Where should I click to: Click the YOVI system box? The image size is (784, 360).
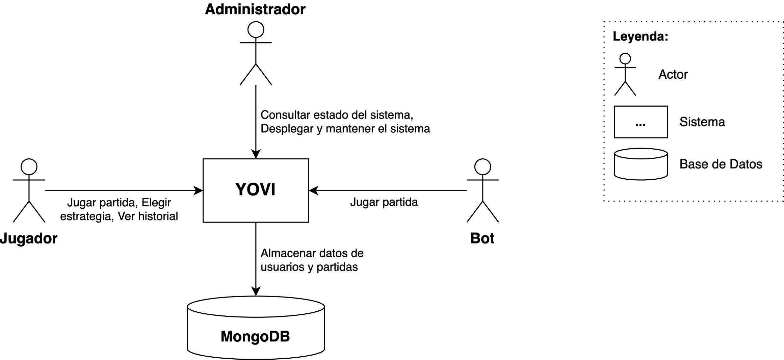click(x=256, y=190)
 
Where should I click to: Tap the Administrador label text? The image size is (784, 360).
click(x=255, y=9)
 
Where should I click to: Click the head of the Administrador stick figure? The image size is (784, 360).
click(x=256, y=30)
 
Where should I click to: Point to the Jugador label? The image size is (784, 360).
click(x=29, y=238)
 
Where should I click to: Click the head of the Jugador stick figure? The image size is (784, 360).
click(x=29, y=167)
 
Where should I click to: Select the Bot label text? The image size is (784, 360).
click(x=482, y=238)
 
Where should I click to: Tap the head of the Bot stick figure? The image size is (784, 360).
click(x=482, y=167)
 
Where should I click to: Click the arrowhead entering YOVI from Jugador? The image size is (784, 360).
click(x=199, y=190)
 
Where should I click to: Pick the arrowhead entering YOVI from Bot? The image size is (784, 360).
click(x=313, y=190)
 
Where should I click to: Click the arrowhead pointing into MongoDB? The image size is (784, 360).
click(x=256, y=292)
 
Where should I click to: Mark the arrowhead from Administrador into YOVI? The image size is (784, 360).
click(x=256, y=154)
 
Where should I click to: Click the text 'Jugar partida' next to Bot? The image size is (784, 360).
click(x=384, y=202)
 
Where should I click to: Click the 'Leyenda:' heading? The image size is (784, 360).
click(x=640, y=36)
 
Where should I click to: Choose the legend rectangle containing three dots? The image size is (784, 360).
click(x=641, y=122)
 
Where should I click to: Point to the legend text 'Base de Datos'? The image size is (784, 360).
click(x=721, y=164)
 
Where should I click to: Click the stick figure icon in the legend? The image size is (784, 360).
click(x=625, y=74)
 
